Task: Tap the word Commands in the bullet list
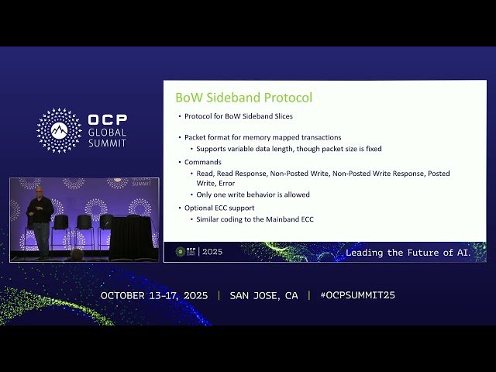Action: pyautogui.click(x=203, y=162)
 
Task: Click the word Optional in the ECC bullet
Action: pyautogui.click(x=201, y=208)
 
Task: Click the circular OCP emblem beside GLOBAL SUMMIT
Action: pyautogui.click(x=59, y=130)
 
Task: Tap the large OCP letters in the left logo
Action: pyautogui.click(x=108, y=120)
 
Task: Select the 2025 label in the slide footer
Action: pyautogui.click(x=212, y=252)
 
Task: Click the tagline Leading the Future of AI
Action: pyautogui.click(x=415, y=253)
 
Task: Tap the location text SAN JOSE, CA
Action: pyautogui.click(x=263, y=296)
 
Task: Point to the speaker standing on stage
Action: pyautogui.click(x=39, y=221)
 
